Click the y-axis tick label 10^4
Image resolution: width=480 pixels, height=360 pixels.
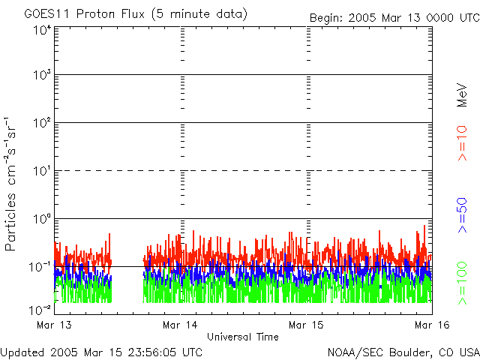pyautogui.click(x=41, y=30)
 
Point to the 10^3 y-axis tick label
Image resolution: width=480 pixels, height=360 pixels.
pyautogui.click(x=41, y=76)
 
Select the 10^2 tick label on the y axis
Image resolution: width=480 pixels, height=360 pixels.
pyautogui.click(x=41, y=123)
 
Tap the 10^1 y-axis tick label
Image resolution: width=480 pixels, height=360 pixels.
pyautogui.click(x=41, y=171)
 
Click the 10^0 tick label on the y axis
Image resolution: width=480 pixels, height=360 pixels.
pyautogui.click(x=41, y=219)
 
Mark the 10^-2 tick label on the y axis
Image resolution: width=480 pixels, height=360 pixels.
pyautogui.click(x=40, y=309)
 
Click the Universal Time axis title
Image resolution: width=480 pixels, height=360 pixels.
pyautogui.click(x=243, y=337)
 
